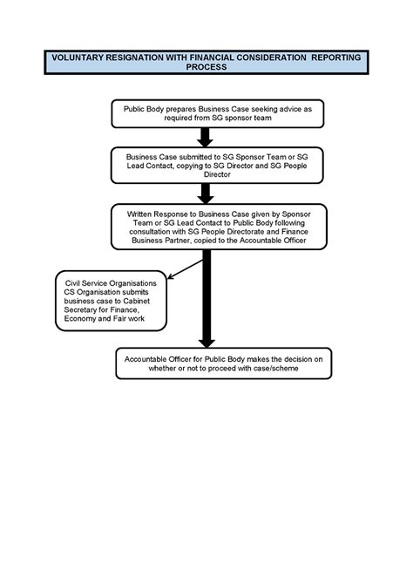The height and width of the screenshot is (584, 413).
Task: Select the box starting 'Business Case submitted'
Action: (x=205, y=163)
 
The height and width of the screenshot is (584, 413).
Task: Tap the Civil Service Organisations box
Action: (x=111, y=300)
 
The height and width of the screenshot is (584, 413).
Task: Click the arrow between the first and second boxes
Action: (x=206, y=136)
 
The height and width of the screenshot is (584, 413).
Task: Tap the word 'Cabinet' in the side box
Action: (x=144, y=301)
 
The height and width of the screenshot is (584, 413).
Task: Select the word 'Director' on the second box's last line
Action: (x=206, y=174)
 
